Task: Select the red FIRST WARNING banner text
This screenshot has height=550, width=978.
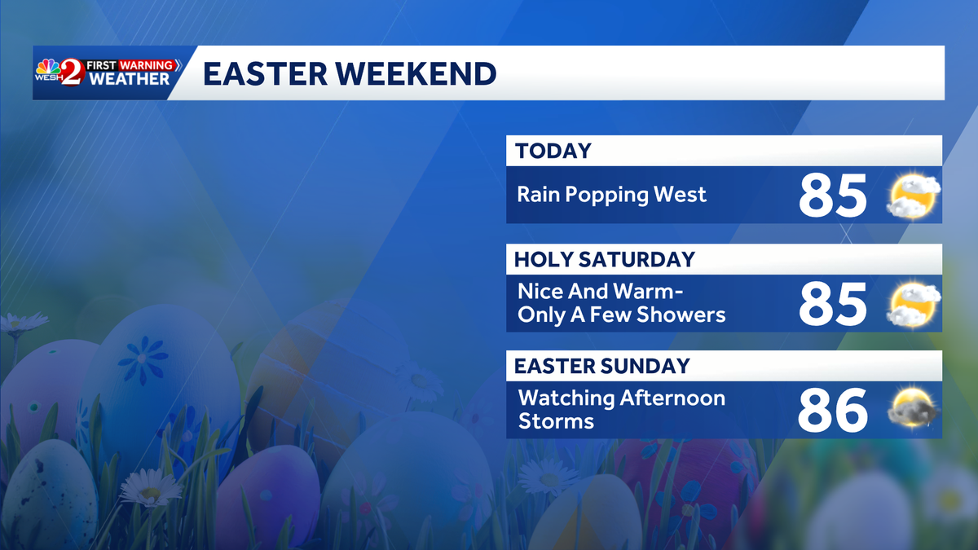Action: coord(131,64)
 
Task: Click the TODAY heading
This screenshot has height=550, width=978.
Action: coord(553,151)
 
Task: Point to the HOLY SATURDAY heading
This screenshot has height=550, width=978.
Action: coord(605,259)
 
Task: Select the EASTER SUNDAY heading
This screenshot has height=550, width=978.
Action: coord(602,367)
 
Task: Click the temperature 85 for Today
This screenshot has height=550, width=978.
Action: coord(832,196)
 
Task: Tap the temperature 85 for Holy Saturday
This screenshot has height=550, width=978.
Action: coord(832,304)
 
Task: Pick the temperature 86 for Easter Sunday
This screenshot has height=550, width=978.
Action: coord(832,411)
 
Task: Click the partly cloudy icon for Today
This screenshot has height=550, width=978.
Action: coord(914,196)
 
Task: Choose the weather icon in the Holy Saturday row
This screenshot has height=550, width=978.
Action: coord(914,304)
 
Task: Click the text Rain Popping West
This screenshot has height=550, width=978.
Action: coord(611,195)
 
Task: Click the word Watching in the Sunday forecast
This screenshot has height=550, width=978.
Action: coord(567,399)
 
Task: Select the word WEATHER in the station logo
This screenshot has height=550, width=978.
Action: coord(130,79)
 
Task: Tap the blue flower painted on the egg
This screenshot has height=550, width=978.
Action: coord(143,359)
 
